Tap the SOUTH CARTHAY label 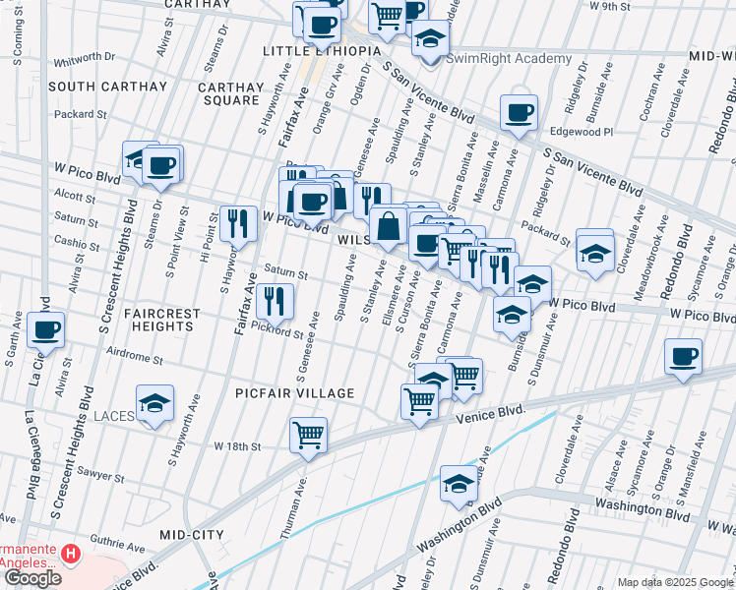tap(107, 87)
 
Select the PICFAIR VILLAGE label tap(295, 393)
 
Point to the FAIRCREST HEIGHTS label tap(162, 321)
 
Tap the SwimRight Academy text tap(509, 58)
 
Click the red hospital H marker tap(71, 555)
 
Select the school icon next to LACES tap(154, 403)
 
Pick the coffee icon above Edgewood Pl tap(519, 112)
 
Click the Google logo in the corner tap(32, 578)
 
